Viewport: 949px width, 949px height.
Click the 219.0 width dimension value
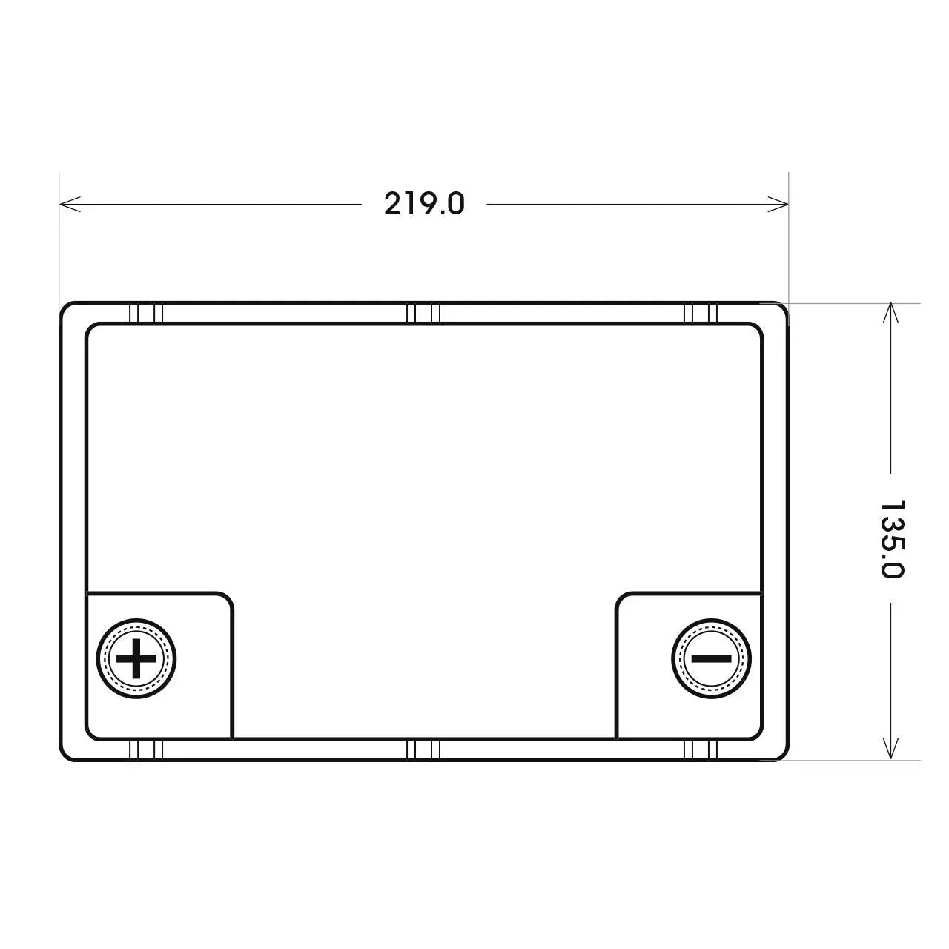coord(424,204)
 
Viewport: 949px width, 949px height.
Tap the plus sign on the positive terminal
coord(136,658)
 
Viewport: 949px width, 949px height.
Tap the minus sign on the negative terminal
coord(711,658)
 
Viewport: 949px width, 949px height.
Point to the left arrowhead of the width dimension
coord(70,204)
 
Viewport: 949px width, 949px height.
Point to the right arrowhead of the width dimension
coord(778,204)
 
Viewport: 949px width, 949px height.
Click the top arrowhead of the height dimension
coord(890,313)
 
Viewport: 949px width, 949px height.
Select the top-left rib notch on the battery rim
coord(146,314)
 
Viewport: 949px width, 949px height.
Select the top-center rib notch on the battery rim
coord(423,314)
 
